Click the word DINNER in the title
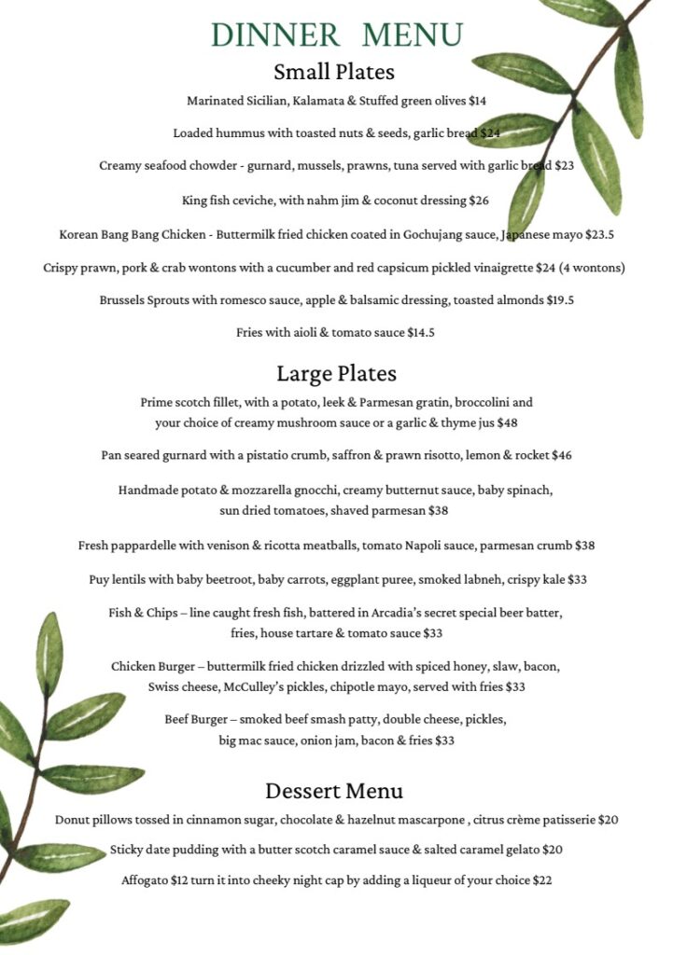click(275, 35)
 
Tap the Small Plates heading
click(334, 72)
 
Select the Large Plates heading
click(336, 374)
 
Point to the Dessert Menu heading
click(334, 791)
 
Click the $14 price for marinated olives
click(477, 101)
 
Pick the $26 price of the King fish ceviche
click(479, 200)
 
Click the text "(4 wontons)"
click(592, 268)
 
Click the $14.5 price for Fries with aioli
click(419, 332)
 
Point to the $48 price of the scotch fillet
click(507, 422)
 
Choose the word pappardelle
click(150, 545)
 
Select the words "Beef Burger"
click(198, 719)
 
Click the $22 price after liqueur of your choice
click(541, 879)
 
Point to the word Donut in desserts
click(73, 820)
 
